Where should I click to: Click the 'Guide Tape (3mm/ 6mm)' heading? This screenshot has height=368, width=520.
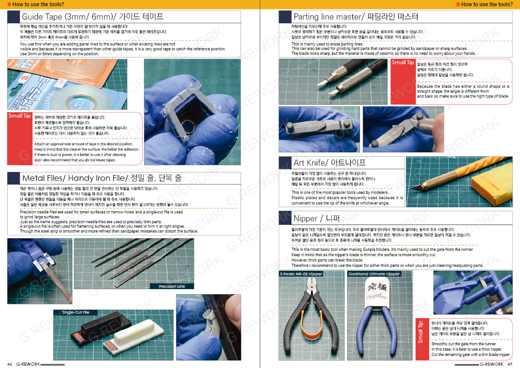tap(92, 17)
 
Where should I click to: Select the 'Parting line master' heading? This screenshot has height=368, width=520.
tap(356, 17)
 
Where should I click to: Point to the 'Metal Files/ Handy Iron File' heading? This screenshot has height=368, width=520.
tap(102, 178)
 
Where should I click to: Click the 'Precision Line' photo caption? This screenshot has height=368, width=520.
tap(172, 286)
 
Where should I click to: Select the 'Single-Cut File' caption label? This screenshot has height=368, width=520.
tap(76, 312)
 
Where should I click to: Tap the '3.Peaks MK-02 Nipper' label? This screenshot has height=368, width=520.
tap(301, 274)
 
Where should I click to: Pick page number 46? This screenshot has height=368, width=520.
tap(9, 364)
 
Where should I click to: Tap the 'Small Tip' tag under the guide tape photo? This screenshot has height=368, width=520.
tap(19, 116)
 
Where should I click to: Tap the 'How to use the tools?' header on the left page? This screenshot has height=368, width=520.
tap(35, 4)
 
